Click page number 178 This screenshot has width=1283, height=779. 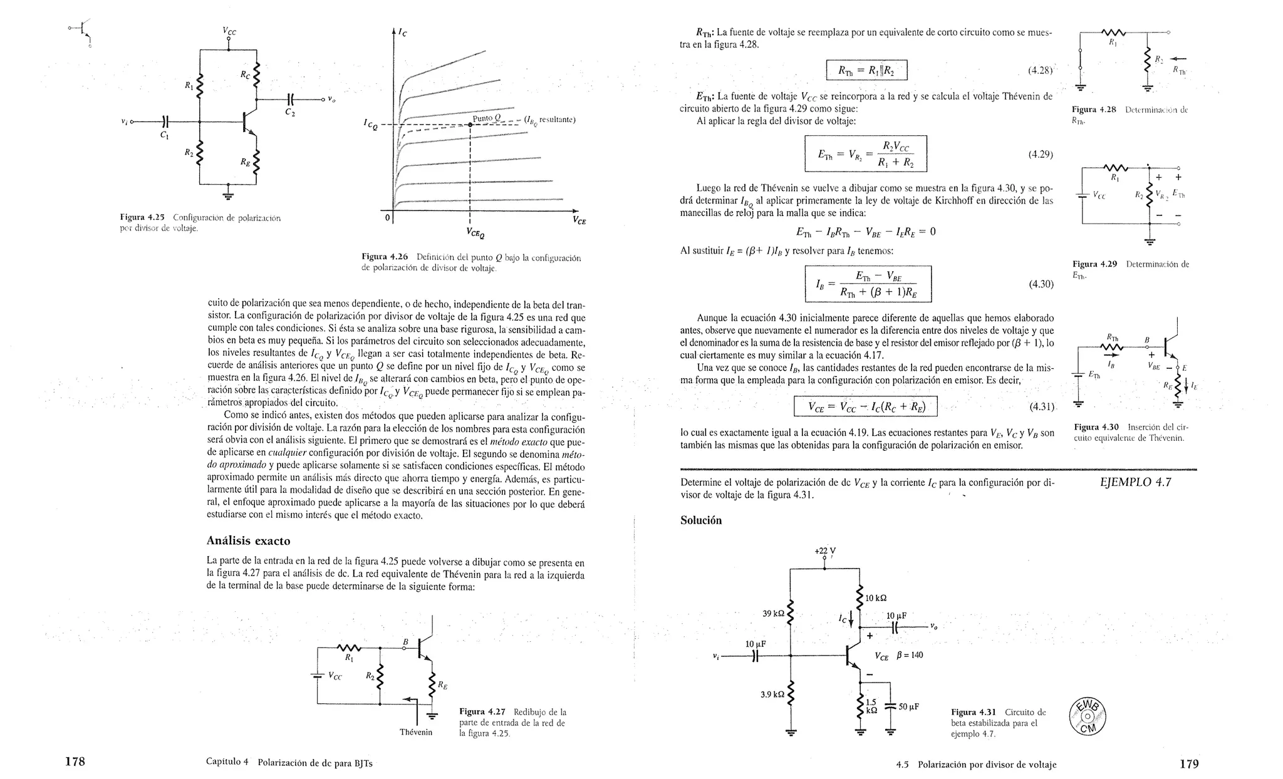click(x=75, y=763)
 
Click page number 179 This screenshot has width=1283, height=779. click(x=1188, y=764)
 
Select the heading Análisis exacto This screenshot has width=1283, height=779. click(x=248, y=540)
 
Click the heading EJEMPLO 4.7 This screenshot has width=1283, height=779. click(x=1135, y=482)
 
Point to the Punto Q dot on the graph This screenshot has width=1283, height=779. click(x=470, y=125)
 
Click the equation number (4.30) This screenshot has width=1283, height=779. click(x=1041, y=284)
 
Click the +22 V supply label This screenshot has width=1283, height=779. click(x=824, y=551)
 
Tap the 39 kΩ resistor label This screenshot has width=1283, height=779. click(x=773, y=614)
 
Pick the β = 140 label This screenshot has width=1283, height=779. click(x=910, y=655)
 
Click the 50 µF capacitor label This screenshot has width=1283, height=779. click(x=908, y=706)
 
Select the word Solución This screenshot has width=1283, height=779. click(x=701, y=520)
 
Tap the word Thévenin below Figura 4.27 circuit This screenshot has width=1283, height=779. click(x=416, y=732)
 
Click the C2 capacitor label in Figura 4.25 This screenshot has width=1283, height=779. click(x=289, y=113)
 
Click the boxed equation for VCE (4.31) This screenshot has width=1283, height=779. click(x=866, y=407)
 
